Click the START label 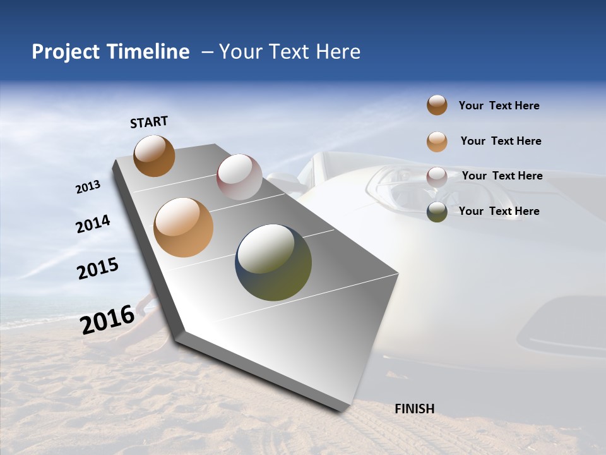point(149,122)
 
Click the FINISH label point(414,409)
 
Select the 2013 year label point(88,187)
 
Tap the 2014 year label point(93,224)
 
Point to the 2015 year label point(98,269)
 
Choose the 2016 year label point(107,319)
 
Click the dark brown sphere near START point(154,155)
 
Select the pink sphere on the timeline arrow point(239,177)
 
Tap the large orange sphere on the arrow point(183,227)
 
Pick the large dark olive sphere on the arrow point(273,262)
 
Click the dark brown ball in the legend point(437,106)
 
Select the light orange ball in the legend point(437,142)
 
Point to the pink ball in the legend point(437,177)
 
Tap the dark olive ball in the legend point(437,212)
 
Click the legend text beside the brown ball point(499,106)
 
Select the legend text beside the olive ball point(499,211)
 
